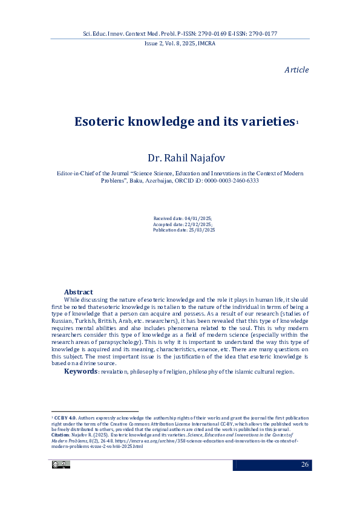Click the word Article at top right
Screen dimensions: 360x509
tap(296, 70)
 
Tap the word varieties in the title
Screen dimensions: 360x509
tap(266, 122)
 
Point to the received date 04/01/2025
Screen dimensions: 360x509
tap(198, 218)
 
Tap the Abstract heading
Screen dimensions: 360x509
tap(79, 292)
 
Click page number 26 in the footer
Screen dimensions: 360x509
tap(304, 464)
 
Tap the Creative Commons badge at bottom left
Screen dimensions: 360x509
tap(61, 464)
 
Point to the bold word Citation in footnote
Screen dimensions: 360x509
tap(60, 435)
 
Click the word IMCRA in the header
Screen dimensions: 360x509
tap(205, 44)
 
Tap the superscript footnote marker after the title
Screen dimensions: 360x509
tap(298, 122)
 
